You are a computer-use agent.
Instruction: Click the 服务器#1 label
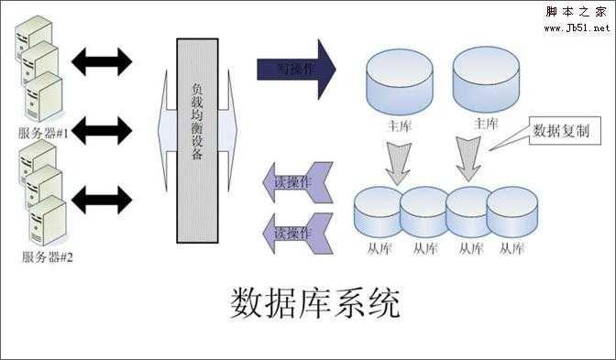[x=47, y=133]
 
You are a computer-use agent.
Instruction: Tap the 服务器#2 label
[x=47, y=256]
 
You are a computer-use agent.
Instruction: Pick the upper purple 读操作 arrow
[x=293, y=181]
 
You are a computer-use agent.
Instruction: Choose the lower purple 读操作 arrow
[x=293, y=232]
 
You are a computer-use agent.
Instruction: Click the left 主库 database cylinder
[x=400, y=79]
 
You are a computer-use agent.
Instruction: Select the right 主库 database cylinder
[x=486, y=79]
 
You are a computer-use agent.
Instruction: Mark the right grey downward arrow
[x=468, y=158]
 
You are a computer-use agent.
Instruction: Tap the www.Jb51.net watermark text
[x=577, y=27]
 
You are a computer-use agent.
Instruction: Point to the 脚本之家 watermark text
[x=577, y=12]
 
